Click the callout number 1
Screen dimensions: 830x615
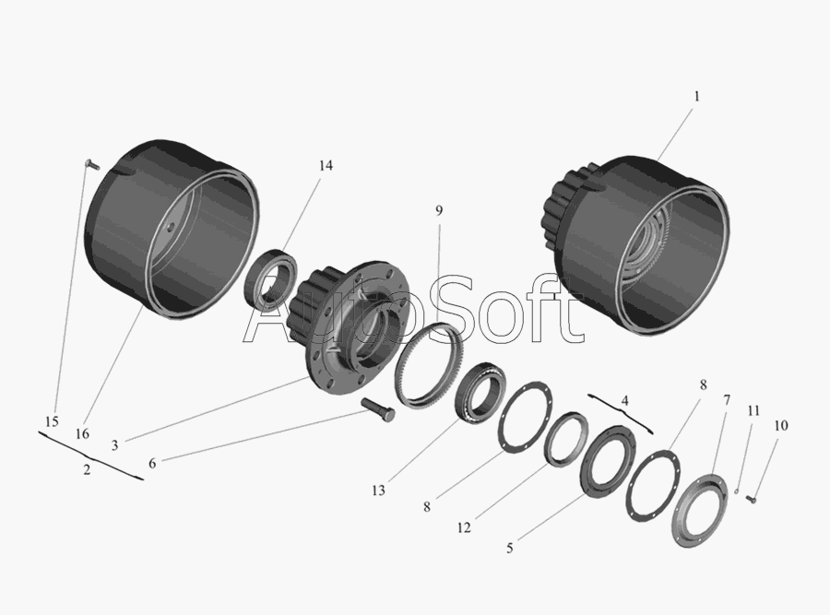[x=696, y=96]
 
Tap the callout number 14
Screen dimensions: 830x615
[x=326, y=166]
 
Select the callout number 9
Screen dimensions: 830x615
[x=439, y=210]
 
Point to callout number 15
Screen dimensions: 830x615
[x=52, y=421]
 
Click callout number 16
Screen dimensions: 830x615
[x=82, y=434]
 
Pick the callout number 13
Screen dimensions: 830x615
[x=378, y=491]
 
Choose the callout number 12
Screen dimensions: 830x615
[x=464, y=527]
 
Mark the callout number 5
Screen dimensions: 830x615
[x=510, y=548]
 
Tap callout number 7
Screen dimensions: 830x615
[x=727, y=400]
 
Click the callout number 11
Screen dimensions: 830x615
[x=753, y=410]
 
